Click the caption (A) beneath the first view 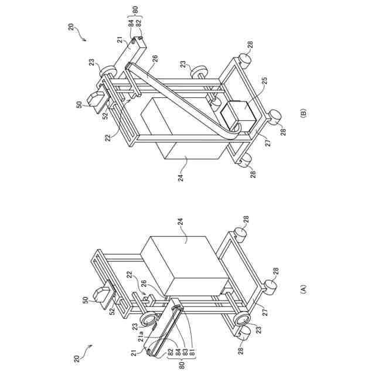coord(303,288)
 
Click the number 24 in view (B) coord(181,176)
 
